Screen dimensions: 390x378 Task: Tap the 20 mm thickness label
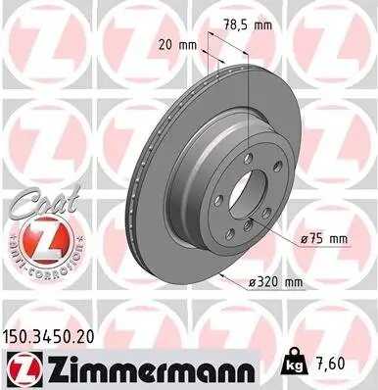(x=174, y=45)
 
